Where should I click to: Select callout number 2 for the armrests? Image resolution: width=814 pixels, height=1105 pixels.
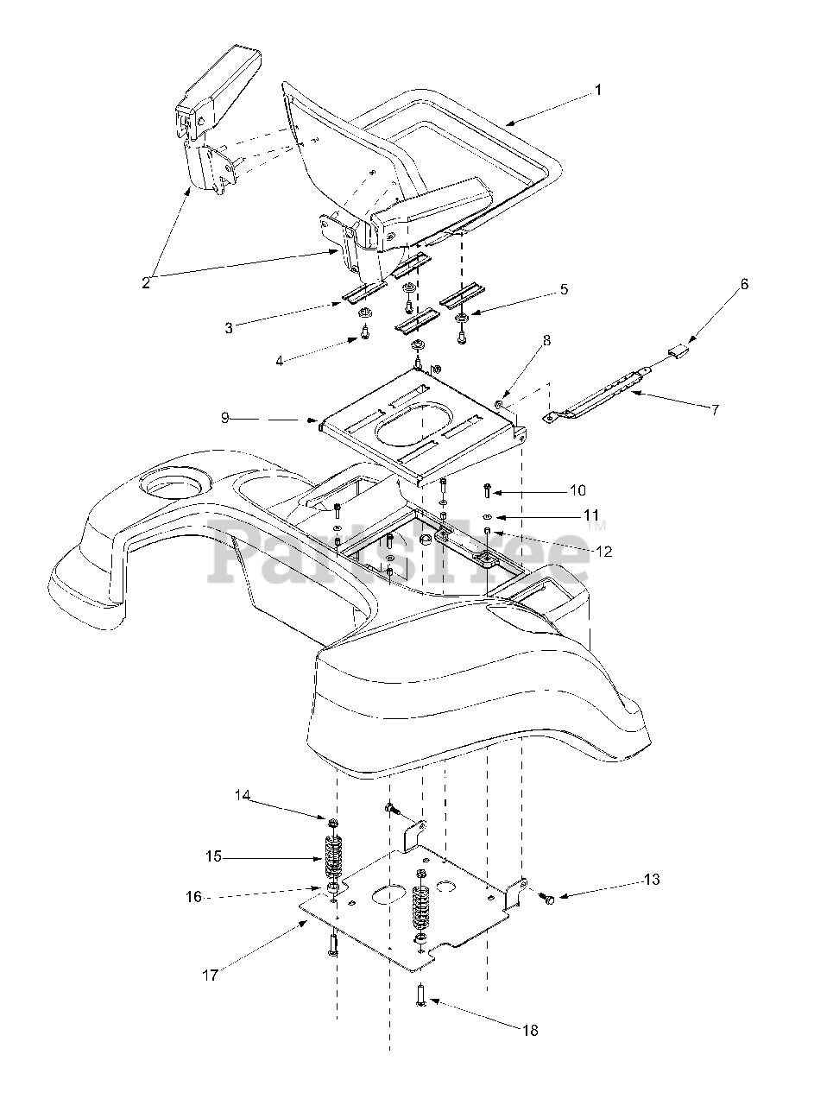click(x=148, y=281)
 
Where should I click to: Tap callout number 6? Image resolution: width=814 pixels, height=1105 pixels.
click(x=744, y=283)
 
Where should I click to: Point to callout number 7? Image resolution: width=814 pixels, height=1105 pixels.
click(x=715, y=409)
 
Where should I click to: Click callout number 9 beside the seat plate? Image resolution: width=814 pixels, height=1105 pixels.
click(x=224, y=418)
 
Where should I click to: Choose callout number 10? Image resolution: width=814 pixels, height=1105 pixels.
click(x=577, y=491)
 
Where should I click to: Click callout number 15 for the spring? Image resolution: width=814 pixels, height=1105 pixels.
click(x=213, y=856)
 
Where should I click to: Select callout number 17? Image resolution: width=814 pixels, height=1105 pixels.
click(x=211, y=976)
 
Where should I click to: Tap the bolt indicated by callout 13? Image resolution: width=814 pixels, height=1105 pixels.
click(x=547, y=899)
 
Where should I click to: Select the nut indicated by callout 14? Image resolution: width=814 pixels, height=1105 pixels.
click(x=333, y=817)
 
